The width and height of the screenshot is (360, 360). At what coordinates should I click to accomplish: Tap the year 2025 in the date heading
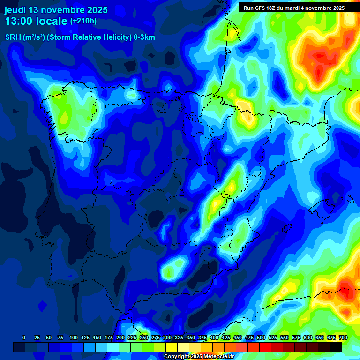[95, 10]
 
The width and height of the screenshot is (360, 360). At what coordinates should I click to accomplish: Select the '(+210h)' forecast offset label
[83, 21]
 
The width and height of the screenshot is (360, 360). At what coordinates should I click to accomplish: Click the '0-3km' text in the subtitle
[144, 37]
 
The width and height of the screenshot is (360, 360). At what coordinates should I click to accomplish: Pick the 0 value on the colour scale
[24, 337]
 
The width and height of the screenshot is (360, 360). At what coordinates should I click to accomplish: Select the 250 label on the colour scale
[144, 337]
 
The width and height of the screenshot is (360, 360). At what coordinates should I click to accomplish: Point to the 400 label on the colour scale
[214, 337]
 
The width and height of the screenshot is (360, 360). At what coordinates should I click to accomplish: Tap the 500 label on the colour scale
[261, 337]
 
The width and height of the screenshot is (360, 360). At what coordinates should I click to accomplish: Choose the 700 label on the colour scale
[343, 337]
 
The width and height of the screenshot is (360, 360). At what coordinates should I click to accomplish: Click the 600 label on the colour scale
[308, 337]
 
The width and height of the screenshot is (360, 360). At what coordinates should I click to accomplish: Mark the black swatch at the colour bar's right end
[336, 347]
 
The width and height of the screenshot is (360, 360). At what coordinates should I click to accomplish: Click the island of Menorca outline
[347, 199]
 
